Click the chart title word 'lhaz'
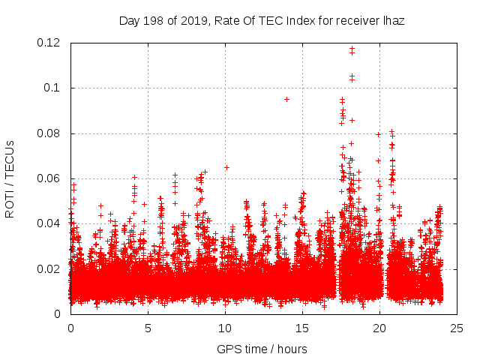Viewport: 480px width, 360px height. point(394,21)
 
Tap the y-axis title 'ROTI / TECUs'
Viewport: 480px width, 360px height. point(10,178)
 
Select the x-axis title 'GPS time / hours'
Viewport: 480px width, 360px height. point(262,349)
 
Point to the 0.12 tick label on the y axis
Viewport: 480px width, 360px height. point(49,43)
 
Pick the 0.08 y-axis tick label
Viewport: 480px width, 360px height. point(49,133)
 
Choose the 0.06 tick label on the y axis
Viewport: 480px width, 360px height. point(49,178)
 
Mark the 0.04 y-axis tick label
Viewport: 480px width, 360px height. point(49,223)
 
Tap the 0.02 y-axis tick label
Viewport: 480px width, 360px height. point(49,268)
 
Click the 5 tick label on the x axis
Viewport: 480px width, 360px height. point(148,328)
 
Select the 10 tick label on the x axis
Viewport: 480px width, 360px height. point(225,328)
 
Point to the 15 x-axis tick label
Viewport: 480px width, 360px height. point(302,328)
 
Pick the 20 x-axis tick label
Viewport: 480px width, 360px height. point(379,328)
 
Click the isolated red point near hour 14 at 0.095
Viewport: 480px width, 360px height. point(286,99)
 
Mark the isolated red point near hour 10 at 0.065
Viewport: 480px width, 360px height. point(226,167)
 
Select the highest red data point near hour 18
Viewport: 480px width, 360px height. point(352,49)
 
